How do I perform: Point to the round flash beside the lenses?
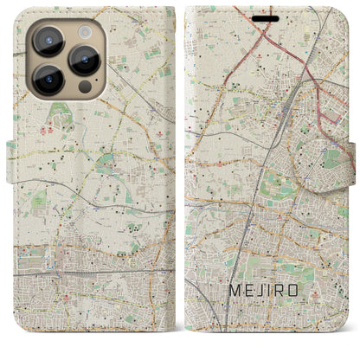[x=84, y=29]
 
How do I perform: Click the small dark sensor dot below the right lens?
[x=84, y=87]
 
